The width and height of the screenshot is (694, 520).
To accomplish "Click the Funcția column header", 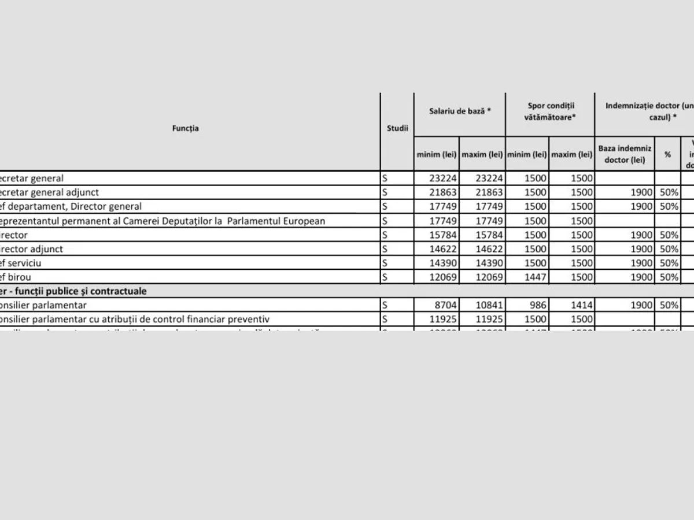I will tap(185, 128).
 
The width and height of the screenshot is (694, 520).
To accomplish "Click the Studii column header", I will tap(397, 128).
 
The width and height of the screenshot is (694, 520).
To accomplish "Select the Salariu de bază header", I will tap(460, 110).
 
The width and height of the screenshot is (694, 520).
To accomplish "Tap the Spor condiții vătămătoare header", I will tap(550, 111).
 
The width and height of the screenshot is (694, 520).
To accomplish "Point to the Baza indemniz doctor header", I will tap(625, 154).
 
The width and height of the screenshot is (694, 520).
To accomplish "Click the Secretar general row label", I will tap(32, 179).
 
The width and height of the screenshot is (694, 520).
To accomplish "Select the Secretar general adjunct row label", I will tap(49, 192).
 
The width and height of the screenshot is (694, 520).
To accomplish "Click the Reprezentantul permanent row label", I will tap(162, 221).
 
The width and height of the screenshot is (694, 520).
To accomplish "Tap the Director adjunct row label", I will tap(32, 249).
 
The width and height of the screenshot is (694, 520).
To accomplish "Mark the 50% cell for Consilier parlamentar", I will tap(669, 305).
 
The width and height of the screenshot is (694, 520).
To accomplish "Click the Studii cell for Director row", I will tap(397, 235).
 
